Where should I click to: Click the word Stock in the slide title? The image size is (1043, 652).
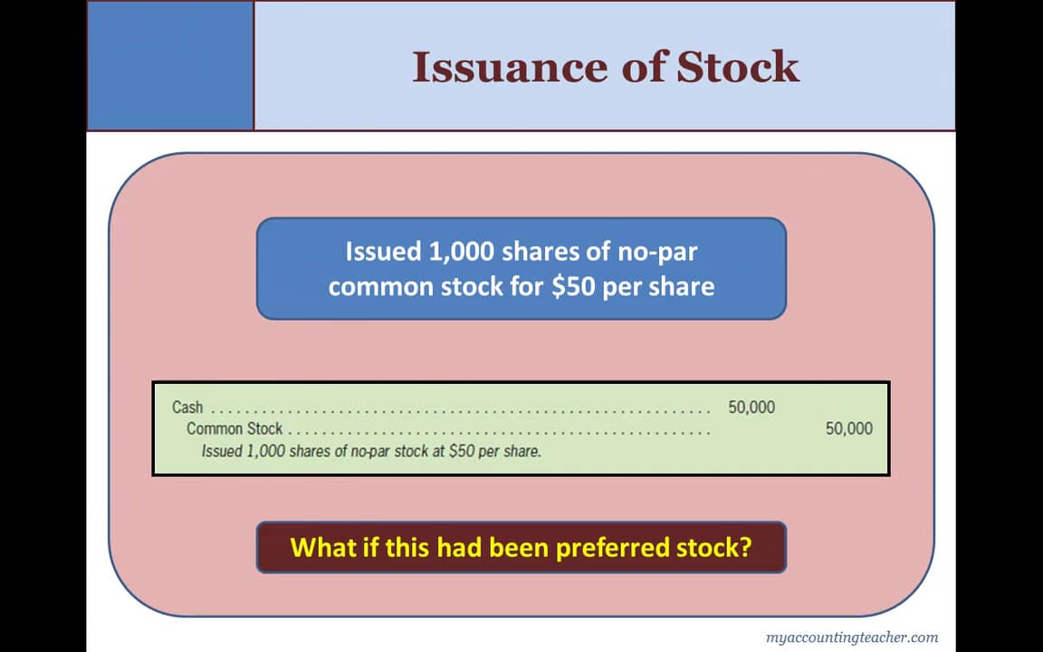[x=738, y=67]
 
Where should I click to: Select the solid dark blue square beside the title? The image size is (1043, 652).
[x=170, y=65]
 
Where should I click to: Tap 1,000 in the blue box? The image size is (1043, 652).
[x=456, y=251]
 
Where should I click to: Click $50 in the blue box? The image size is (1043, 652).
[x=562, y=287]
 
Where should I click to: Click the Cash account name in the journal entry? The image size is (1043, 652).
[x=187, y=407]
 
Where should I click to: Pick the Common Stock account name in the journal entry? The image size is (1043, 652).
[x=234, y=428]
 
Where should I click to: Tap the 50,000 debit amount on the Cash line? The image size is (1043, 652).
[x=751, y=407]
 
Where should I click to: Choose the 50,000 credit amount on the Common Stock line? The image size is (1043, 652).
[x=848, y=428]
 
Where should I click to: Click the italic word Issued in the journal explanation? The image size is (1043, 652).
[x=221, y=450]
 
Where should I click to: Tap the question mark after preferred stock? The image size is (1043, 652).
[x=745, y=547]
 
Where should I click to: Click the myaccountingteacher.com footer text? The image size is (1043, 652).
[x=851, y=637]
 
